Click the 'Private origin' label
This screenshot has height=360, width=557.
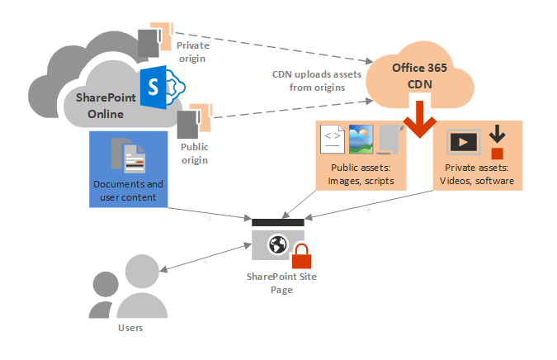193,52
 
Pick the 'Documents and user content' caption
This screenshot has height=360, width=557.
128,189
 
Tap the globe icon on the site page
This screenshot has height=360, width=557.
278,245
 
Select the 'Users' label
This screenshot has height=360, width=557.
131,328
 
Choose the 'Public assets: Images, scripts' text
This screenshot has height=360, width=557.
360,175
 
